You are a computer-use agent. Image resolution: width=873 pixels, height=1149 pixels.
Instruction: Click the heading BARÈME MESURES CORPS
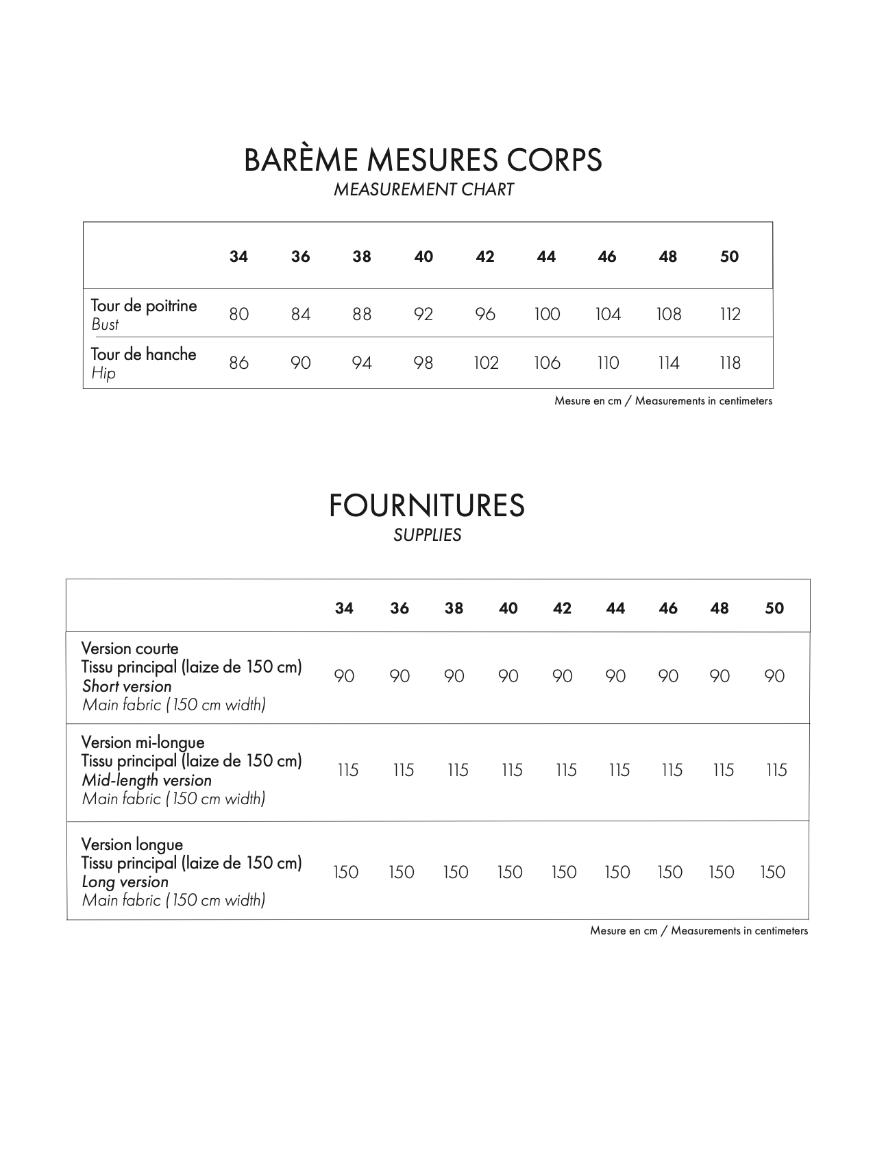click(x=423, y=160)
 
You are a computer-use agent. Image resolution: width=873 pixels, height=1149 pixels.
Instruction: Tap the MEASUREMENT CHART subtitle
click(x=423, y=190)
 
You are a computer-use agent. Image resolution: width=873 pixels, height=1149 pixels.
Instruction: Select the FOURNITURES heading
click(x=427, y=506)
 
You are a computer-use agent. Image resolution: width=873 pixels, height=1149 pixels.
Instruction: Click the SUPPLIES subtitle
click(x=427, y=535)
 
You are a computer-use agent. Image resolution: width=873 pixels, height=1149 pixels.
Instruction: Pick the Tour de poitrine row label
click(x=144, y=306)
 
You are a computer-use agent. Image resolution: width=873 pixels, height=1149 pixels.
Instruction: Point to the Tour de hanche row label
click(x=144, y=354)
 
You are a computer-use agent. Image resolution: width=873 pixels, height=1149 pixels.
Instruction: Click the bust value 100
click(x=547, y=315)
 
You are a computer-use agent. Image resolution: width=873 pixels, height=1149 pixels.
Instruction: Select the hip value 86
click(x=238, y=363)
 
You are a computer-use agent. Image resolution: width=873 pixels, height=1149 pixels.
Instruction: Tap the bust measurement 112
click(x=730, y=315)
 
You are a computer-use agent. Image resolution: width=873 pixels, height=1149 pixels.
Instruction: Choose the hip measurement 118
click(x=730, y=363)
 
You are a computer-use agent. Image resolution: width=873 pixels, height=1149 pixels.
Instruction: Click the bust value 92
click(x=423, y=315)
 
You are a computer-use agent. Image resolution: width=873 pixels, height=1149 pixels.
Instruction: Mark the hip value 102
click(x=485, y=363)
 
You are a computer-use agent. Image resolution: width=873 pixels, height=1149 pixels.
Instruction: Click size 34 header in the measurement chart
click(x=238, y=257)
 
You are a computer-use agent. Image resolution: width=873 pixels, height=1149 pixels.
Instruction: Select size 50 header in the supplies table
click(x=774, y=609)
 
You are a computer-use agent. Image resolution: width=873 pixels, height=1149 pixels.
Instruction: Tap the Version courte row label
click(x=130, y=649)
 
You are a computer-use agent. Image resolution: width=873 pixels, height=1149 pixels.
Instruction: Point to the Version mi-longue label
click(x=143, y=742)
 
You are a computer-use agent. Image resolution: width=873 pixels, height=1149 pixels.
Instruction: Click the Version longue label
click(x=132, y=845)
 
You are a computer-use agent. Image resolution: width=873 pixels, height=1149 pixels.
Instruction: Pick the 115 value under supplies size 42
click(x=565, y=771)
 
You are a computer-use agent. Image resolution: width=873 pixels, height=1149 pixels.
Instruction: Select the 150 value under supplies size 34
click(x=345, y=873)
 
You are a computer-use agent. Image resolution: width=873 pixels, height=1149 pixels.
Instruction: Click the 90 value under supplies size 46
click(x=668, y=677)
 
